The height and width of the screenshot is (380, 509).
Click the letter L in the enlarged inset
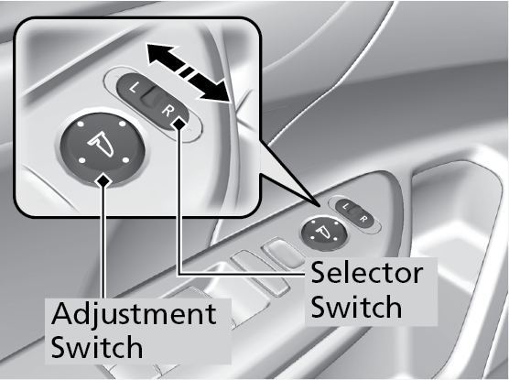pos(134,87)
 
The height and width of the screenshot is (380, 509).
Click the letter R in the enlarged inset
pos(167,111)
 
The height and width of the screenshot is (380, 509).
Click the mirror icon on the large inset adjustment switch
pos(101,144)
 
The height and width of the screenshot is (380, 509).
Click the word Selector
pos(367,273)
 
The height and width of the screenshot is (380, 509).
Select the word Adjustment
pos(134,314)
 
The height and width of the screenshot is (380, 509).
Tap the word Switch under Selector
pos(356,306)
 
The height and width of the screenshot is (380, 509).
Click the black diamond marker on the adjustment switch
pos(103,180)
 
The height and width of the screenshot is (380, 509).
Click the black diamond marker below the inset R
pos(179,124)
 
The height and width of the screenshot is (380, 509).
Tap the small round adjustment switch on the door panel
pos(324,233)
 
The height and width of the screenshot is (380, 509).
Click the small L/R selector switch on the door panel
pos(355,214)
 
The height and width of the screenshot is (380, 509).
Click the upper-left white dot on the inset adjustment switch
pos(81,125)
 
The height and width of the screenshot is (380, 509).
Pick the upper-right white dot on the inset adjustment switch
pos(122,124)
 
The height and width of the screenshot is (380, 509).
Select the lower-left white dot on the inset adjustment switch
pos(82,160)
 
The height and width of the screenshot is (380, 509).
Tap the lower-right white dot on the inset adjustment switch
pos(125,160)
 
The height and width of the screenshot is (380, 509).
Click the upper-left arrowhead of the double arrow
pos(159,54)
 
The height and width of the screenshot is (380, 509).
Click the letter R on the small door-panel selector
pos(363,219)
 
